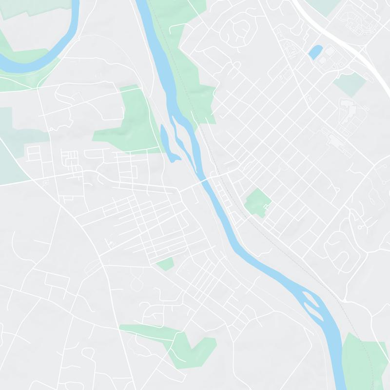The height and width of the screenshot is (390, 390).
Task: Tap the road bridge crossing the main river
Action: [x=208, y=179]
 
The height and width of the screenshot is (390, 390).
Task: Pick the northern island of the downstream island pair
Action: [x=311, y=297]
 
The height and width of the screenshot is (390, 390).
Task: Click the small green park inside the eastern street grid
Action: [x=257, y=202]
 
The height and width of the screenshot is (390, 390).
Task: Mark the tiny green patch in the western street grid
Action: [x=166, y=264]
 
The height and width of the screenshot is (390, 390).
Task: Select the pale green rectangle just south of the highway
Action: [x=350, y=84]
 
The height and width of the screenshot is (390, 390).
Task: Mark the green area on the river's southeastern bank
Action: [x=363, y=361]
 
